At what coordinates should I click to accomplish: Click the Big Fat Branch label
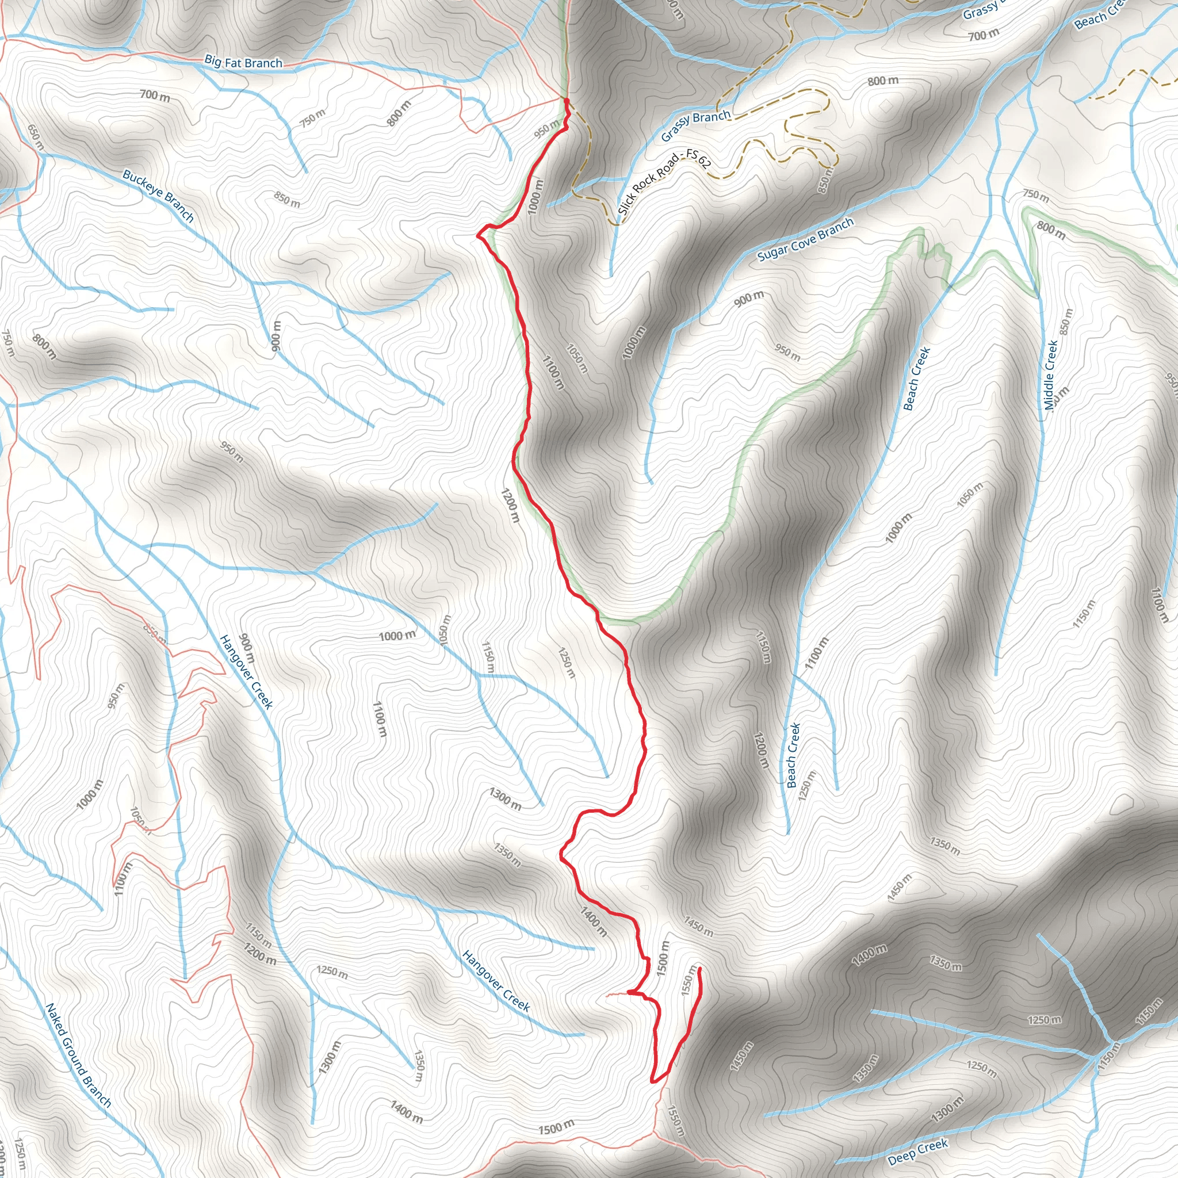(243, 62)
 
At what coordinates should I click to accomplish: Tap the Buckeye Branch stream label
(158, 196)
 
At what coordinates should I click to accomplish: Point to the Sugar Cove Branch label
(805, 240)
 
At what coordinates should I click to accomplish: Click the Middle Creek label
(1049, 375)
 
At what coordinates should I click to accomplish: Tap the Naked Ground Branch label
(79, 1055)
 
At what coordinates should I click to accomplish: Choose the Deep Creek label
(917, 1151)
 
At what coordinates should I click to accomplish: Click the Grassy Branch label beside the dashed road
(696, 125)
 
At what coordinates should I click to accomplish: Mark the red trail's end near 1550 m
(699, 968)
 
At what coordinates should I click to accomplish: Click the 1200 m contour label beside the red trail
(510, 504)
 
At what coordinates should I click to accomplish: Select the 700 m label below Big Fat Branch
(155, 95)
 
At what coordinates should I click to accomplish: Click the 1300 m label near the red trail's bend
(505, 798)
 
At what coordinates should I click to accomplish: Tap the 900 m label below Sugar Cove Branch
(749, 299)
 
